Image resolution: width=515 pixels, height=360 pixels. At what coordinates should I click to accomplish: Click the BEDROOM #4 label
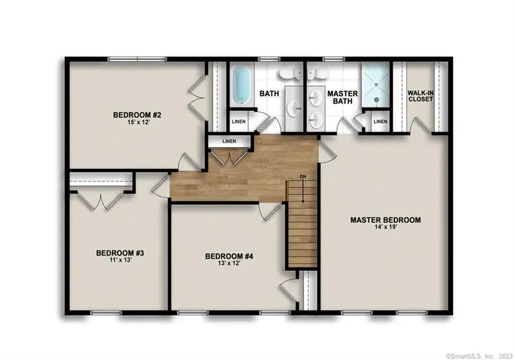[x=229, y=256]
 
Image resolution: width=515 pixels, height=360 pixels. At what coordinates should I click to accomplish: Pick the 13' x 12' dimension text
[x=229, y=264]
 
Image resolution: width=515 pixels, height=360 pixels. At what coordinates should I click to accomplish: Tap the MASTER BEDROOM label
[x=386, y=220]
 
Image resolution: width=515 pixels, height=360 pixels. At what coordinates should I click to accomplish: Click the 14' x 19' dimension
[x=386, y=228]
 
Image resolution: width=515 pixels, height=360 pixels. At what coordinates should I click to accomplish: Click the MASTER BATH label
[x=342, y=98]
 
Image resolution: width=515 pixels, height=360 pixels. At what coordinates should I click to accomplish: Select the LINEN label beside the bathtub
[x=239, y=122]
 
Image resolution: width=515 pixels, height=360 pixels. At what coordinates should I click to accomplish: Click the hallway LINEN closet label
[x=229, y=141]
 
